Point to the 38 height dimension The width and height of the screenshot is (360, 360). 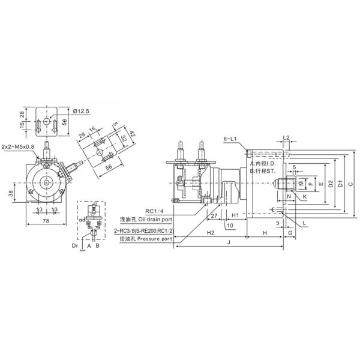[x=11, y=193]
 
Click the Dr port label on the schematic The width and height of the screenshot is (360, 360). [x=75, y=245]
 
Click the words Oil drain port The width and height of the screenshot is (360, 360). [x=157, y=220]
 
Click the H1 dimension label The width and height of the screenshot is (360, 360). [x=235, y=215]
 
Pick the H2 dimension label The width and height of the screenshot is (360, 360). [x=210, y=232]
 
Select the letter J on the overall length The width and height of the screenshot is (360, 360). [x=229, y=242]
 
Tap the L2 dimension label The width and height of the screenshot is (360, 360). [x=286, y=138]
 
